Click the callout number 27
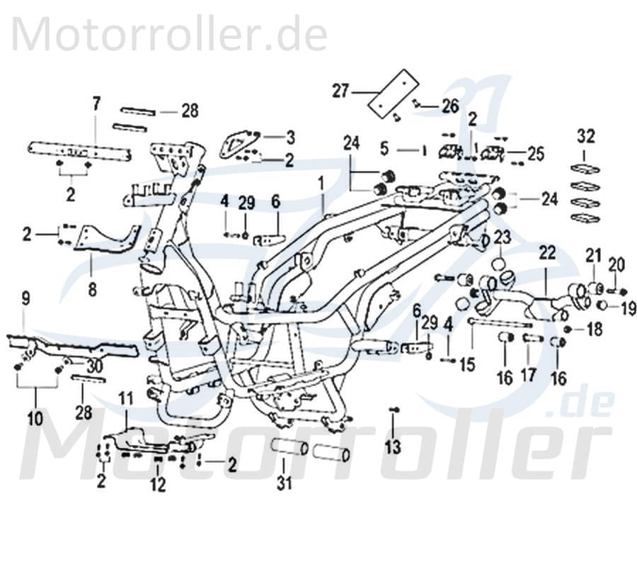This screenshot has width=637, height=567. (x=341, y=91)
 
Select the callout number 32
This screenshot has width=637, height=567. (x=586, y=135)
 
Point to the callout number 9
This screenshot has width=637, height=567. (x=26, y=300)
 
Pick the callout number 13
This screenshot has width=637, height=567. (x=393, y=447)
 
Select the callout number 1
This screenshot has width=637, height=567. (x=321, y=186)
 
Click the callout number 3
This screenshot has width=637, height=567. (x=270, y=136)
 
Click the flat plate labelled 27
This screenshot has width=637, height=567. (x=393, y=90)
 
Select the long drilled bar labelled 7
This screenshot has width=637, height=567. (x=80, y=150)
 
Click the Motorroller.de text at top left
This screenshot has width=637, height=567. (x=170, y=33)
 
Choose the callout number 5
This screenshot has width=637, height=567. (x=384, y=149)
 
